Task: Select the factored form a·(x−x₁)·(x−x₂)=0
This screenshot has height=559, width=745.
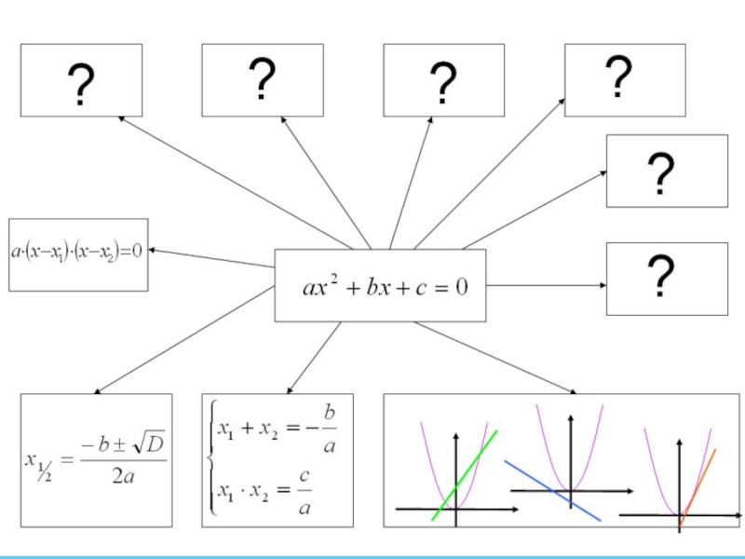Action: (77, 252)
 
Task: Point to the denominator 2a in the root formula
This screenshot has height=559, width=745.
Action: (122, 477)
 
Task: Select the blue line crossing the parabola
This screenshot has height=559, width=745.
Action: (551, 489)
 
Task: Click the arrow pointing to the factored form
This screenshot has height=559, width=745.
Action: (210, 258)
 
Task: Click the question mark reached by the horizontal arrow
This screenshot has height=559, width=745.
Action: (660, 278)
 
